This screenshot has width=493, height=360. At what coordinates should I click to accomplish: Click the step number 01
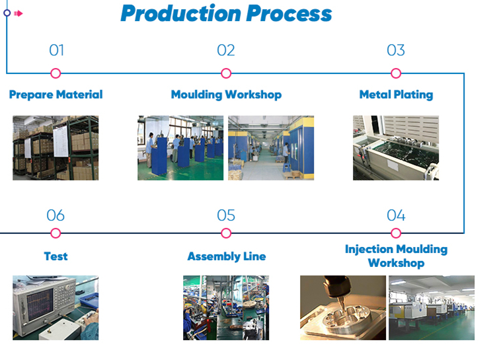[x=57, y=50]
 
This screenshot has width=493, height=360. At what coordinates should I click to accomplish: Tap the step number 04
[x=396, y=215]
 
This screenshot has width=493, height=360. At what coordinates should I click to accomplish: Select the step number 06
[x=56, y=215]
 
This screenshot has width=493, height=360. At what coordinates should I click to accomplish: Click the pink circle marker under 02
[x=226, y=73]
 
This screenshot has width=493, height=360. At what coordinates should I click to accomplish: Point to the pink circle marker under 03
[x=396, y=73]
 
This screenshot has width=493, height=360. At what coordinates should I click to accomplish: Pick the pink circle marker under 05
[x=226, y=233]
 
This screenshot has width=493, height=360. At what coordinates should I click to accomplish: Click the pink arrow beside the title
[x=19, y=13]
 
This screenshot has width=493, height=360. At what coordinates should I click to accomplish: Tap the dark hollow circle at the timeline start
[x=7, y=13]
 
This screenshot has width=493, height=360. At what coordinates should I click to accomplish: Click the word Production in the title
[x=181, y=14]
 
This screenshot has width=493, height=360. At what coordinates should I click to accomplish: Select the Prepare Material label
[x=56, y=94]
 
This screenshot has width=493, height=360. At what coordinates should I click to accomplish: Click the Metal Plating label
[x=396, y=94]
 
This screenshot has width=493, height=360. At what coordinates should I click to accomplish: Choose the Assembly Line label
[x=227, y=256]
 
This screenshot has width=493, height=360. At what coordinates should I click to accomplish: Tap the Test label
[x=56, y=256]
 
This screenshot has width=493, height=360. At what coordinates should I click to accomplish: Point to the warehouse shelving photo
[x=56, y=148]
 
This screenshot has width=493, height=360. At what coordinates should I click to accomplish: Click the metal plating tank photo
[x=396, y=148]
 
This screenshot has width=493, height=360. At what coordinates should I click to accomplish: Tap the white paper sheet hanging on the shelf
[x=61, y=141]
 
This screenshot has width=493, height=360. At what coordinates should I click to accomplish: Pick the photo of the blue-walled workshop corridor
[x=271, y=148]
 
